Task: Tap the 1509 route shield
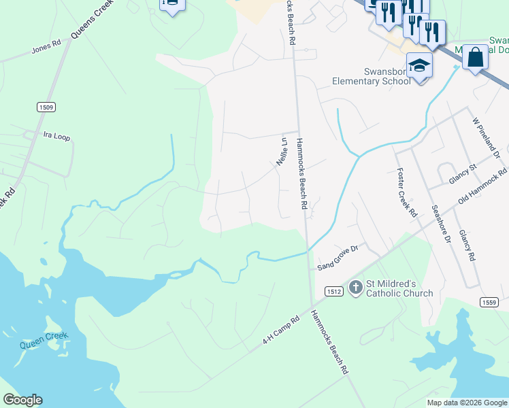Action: tap(46, 107)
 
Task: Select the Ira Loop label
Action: tap(56, 137)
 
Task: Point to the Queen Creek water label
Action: tap(42, 344)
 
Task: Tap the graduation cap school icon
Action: tap(420, 66)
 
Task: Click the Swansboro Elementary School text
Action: tap(371, 77)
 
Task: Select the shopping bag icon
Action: tap(475, 56)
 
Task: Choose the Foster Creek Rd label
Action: tap(407, 192)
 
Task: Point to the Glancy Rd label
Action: tap(466, 245)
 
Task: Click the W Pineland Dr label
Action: tap(486, 139)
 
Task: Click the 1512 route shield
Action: tap(333, 290)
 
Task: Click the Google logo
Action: tap(22, 400)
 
